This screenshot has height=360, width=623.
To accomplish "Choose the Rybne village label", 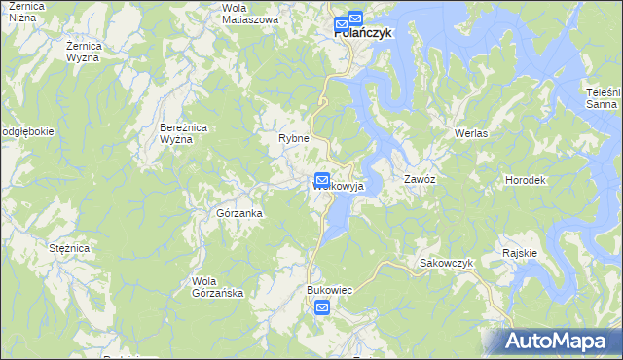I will tap(293, 139).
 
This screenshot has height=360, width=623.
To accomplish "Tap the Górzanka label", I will tap(238, 212).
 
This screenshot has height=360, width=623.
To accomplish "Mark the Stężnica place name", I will tap(69, 249).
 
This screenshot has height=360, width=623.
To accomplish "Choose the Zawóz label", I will tap(420, 181).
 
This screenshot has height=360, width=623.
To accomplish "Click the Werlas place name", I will tap(470, 132).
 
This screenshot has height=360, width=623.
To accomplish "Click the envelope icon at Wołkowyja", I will tap(322, 180).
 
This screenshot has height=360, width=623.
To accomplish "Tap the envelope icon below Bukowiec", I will tap(322, 308).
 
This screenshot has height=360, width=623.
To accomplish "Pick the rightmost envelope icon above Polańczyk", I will tap(355, 18).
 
